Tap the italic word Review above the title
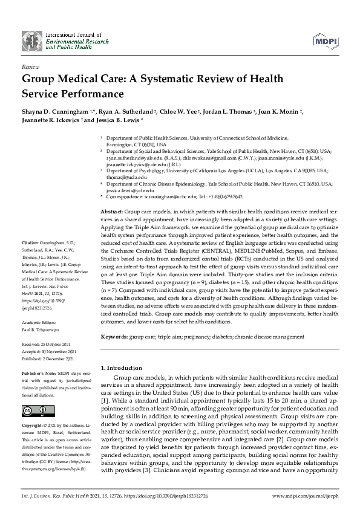[x=30, y=67]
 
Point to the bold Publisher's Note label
[x=39, y=375]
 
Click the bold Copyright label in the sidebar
[x=34, y=425]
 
